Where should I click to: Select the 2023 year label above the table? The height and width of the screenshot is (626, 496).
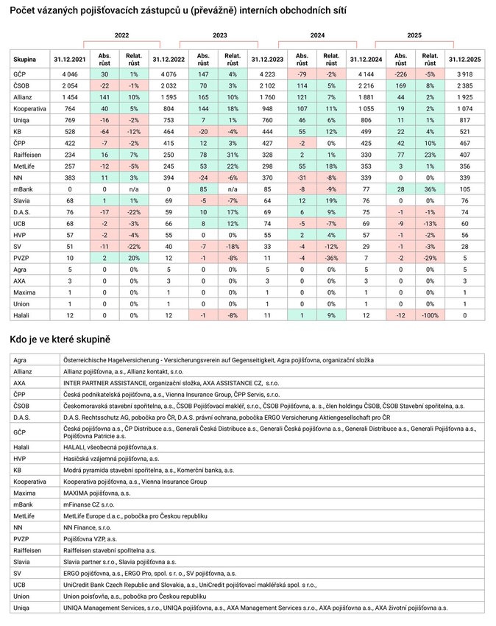219,35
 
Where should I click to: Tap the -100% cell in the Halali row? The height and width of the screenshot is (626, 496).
429,314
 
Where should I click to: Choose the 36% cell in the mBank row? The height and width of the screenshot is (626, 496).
429,189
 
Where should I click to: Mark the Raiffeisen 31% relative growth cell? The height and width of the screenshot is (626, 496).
232,155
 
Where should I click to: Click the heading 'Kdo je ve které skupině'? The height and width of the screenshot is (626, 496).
60,340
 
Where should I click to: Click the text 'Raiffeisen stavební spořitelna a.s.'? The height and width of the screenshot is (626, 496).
110,549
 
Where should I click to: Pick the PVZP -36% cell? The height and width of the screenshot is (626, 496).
330,258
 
